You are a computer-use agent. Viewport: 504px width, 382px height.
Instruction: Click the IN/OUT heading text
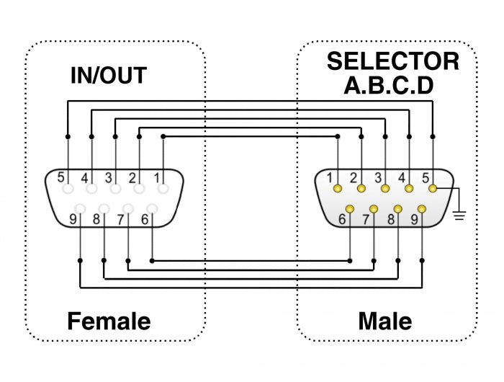[108, 75]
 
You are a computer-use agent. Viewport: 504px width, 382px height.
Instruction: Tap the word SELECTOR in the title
[392, 61]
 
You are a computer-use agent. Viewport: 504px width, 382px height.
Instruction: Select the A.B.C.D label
[388, 86]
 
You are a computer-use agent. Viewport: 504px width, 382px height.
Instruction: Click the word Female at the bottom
[109, 321]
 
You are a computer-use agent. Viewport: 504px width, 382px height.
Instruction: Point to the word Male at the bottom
[385, 321]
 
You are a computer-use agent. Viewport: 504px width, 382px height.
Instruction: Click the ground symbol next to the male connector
[459, 213]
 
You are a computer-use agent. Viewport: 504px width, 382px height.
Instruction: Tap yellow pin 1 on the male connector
[337, 189]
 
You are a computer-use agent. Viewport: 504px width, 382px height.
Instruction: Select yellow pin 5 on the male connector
[433, 189]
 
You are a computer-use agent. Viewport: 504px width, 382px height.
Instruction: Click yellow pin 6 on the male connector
[349, 209]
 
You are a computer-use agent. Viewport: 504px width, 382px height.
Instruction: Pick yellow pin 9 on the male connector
[421, 209]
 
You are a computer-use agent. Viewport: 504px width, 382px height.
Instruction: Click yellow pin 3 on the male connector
[385, 189]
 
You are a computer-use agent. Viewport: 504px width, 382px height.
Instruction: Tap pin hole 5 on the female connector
[68, 189]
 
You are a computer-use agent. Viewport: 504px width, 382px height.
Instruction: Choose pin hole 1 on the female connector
[163, 189]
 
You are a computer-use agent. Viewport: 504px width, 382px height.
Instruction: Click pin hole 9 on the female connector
[80, 209]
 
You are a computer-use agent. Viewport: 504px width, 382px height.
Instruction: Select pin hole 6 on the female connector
[152, 209]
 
